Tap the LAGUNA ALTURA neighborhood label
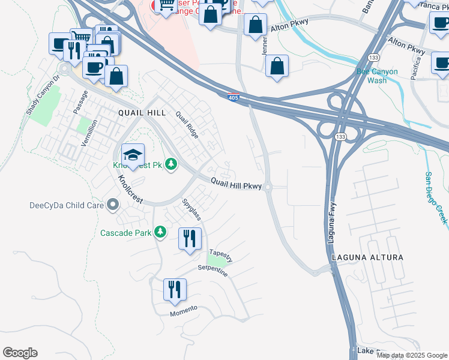coord(367,257)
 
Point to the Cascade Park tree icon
coord(160,232)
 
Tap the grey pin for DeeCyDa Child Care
coord(112,205)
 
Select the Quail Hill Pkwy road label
coord(236,184)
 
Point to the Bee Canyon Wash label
coord(377,76)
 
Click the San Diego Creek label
coord(436,198)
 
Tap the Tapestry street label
coord(220,254)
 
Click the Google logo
coord(20,353)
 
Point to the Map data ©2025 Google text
coord(412,355)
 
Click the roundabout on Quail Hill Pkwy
coord(268,187)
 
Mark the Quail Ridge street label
coord(186,124)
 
